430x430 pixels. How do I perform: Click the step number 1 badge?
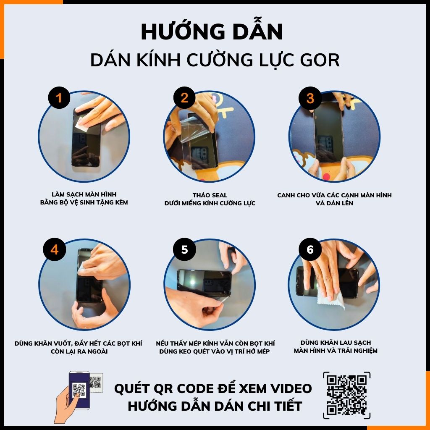[59, 98]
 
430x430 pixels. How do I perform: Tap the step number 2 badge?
[184, 98]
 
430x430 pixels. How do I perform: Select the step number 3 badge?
[310, 98]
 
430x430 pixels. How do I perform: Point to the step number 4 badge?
[55, 249]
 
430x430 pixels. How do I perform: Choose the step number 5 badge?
[184, 249]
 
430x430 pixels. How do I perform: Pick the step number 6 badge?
[310, 249]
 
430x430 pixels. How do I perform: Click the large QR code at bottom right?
[346, 395]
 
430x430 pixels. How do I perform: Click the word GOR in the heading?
[320, 60]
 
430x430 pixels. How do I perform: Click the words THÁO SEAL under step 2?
[210, 195]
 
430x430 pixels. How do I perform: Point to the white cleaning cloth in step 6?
[332, 299]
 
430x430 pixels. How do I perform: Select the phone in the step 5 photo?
[205, 282]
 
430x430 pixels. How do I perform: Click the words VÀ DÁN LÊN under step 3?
[334, 203]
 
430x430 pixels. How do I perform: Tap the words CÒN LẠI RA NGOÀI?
[78, 351]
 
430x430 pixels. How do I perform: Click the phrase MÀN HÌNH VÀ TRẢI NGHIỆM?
[336, 351]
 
